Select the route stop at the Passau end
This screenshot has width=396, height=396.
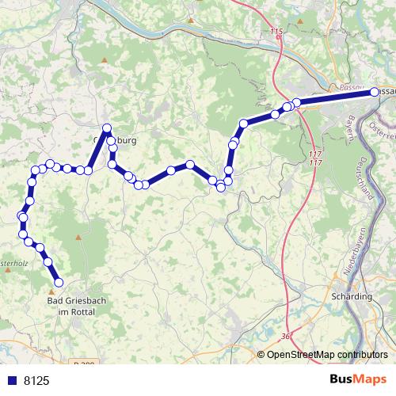point(375,93)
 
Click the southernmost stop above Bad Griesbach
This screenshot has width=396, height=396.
point(58,281)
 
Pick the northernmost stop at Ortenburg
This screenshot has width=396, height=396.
point(106,128)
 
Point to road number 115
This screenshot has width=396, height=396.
point(276,31)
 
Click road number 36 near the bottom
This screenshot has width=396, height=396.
point(285,337)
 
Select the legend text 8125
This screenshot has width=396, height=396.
point(36,381)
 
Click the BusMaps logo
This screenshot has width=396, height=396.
point(358,379)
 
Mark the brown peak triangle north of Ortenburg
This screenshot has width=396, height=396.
point(105,60)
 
